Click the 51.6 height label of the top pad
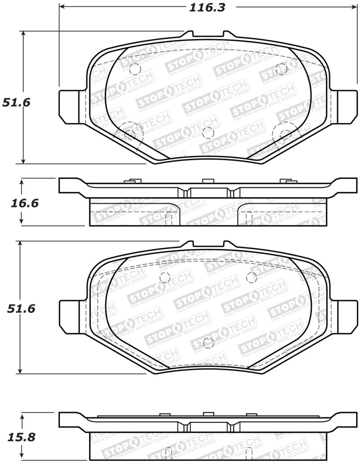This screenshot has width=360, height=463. [16, 102]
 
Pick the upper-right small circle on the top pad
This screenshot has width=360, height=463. [281, 68]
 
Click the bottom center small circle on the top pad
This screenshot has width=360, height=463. [208, 133]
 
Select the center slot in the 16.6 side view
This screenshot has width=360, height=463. [208, 193]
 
